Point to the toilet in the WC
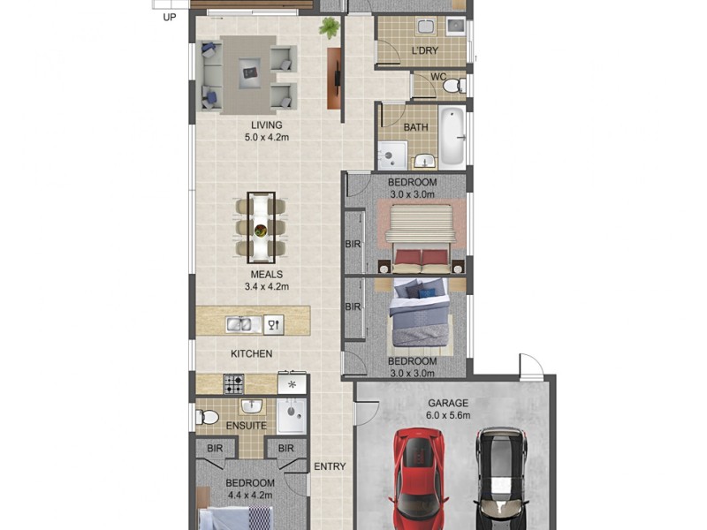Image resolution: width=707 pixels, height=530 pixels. [452, 85]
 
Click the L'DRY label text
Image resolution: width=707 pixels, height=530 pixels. [425, 50]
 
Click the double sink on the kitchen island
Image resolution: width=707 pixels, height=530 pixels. [239, 325]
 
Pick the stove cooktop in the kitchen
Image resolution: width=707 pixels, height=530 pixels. [233, 384]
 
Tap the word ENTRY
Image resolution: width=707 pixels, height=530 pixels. [330, 466]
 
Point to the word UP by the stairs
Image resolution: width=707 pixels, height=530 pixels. [169, 15]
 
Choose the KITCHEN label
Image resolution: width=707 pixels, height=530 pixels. [252, 353]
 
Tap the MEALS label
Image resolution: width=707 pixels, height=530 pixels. [266, 275]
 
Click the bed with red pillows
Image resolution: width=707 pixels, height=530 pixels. [420, 236]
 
